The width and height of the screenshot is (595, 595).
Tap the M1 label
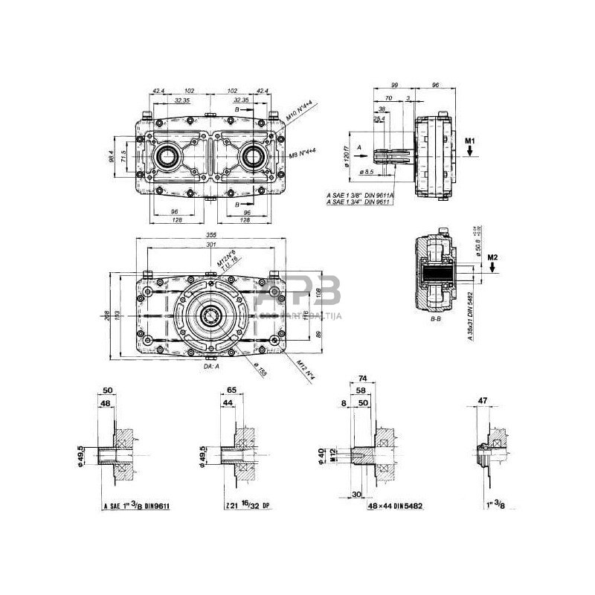pos(470,139)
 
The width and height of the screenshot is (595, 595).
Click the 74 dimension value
pos(364,379)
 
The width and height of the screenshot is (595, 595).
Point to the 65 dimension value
pos(231,389)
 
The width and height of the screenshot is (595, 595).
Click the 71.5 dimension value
pos(123,157)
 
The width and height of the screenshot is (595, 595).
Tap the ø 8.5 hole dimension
pos(368,173)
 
